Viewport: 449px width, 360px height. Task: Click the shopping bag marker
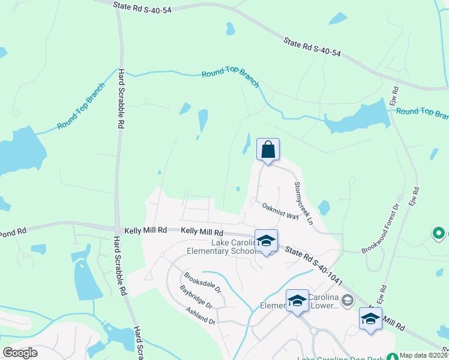coord(268,149)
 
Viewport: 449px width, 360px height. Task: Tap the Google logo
coord(20,352)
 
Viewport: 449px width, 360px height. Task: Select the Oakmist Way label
coord(280,211)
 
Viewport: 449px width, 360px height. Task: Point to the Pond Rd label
coord(13,231)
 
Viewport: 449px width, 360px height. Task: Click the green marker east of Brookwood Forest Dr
coord(439,233)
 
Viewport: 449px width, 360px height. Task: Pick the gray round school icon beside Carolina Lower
coord(348,299)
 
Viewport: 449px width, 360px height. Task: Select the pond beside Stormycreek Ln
coord(324,208)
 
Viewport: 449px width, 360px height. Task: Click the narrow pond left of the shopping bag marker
coord(247,143)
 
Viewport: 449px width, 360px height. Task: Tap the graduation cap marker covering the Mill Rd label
coord(370,318)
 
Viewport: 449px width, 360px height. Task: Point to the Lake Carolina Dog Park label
coord(348,358)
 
